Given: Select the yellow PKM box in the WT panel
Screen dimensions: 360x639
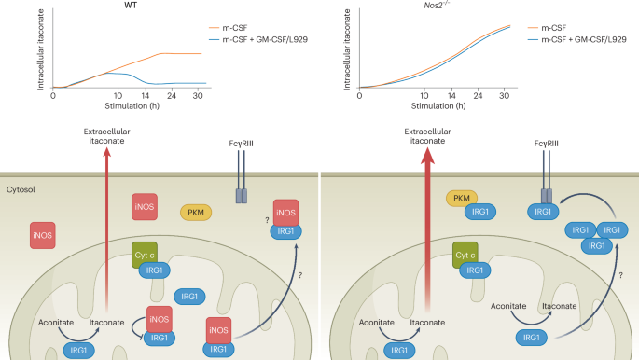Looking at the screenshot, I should point(196,213).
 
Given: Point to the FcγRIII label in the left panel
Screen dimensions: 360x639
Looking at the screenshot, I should point(242,145).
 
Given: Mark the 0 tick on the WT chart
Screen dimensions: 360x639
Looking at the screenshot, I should point(53,95).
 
